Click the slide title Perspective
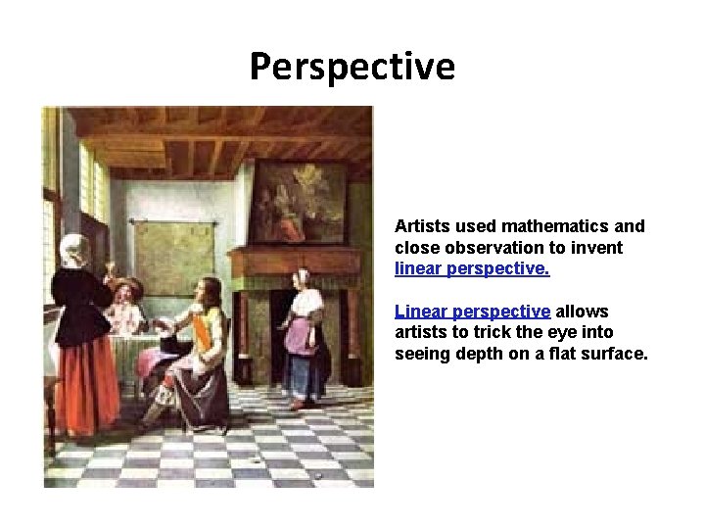(352, 67)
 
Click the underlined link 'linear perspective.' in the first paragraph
(472, 268)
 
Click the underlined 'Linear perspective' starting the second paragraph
(472, 312)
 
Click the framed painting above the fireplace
(298, 202)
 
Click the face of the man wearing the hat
(124, 292)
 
